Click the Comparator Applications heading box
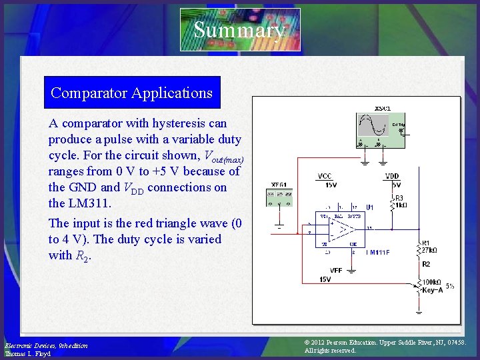[131, 93]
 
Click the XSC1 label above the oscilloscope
[382, 108]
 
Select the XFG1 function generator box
[280, 197]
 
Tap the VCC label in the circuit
[325, 177]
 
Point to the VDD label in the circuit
[393, 177]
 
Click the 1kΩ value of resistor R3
[400, 205]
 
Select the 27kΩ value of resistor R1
[429, 251]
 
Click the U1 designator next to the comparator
[370, 207]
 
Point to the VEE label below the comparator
[325, 271]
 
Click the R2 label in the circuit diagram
[426, 264]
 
